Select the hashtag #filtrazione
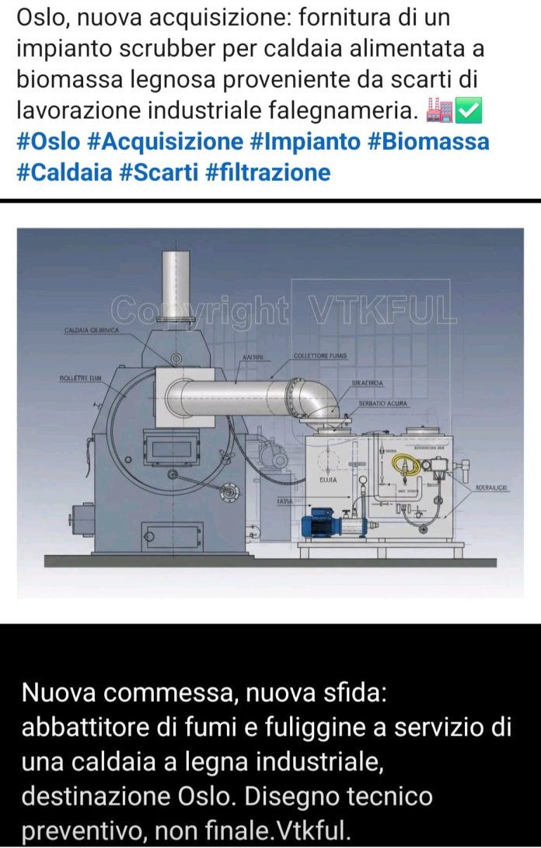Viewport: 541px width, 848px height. tap(268, 172)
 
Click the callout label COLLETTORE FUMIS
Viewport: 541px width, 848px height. tap(320, 356)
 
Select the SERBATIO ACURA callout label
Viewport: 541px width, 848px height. tap(382, 404)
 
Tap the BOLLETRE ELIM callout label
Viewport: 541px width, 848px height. tap(81, 378)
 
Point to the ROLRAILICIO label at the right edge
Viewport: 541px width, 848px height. tap(491, 487)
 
